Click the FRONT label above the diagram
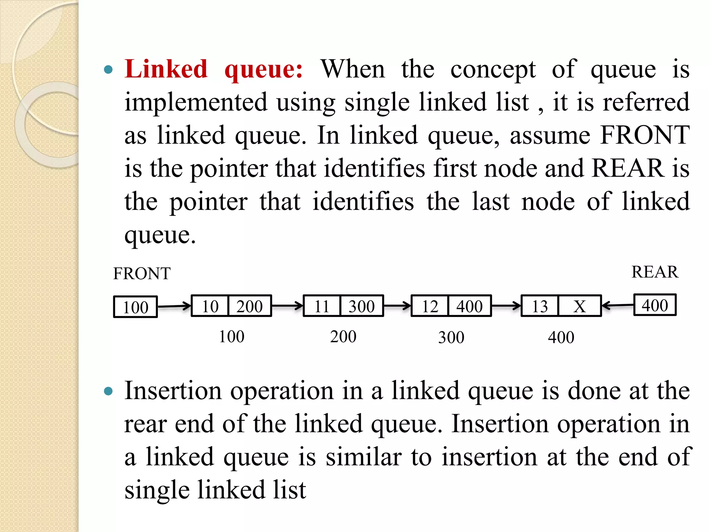click(x=142, y=274)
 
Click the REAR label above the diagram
click(x=655, y=272)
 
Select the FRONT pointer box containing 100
click(x=135, y=307)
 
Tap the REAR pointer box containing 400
click(x=655, y=305)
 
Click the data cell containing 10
click(x=210, y=306)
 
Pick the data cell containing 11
click(x=322, y=306)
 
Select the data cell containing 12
click(x=430, y=306)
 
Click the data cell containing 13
click(x=540, y=306)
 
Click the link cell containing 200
click(x=250, y=306)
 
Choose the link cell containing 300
click(x=362, y=306)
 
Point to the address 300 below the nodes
click(x=451, y=337)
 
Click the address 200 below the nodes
click(x=343, y=337)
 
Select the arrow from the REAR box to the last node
click(x=618, y=305)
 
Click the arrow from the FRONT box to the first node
click(x=174, y=306)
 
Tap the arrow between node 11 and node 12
click(x=397, y=306)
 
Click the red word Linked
click(x=166, y=69)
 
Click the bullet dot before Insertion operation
click(x=108, y=391)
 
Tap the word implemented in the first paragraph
click(x=196, y=103)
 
